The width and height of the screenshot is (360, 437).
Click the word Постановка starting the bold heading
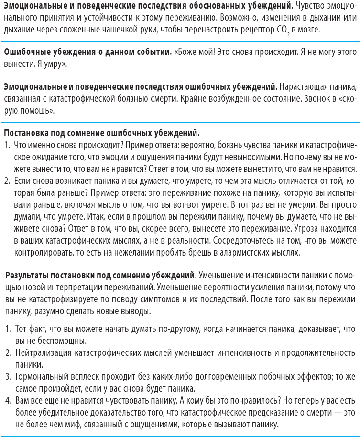click(x=25, y=132)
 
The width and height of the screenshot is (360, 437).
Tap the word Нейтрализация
click(x=42, y=353)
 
